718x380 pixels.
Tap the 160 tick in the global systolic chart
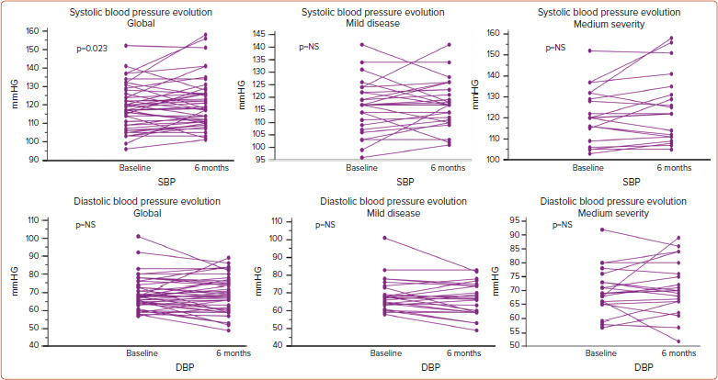(59, 31)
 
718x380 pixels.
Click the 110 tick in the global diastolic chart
(59, 220)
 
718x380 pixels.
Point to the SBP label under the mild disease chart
(405, 182)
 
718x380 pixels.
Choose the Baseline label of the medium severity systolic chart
(588, 168)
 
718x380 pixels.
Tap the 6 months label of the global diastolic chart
(217, 353)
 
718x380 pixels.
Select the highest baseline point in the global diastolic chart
(138, 236)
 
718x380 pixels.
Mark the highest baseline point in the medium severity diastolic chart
(601, 229)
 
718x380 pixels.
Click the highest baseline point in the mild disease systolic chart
(361, 44)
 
